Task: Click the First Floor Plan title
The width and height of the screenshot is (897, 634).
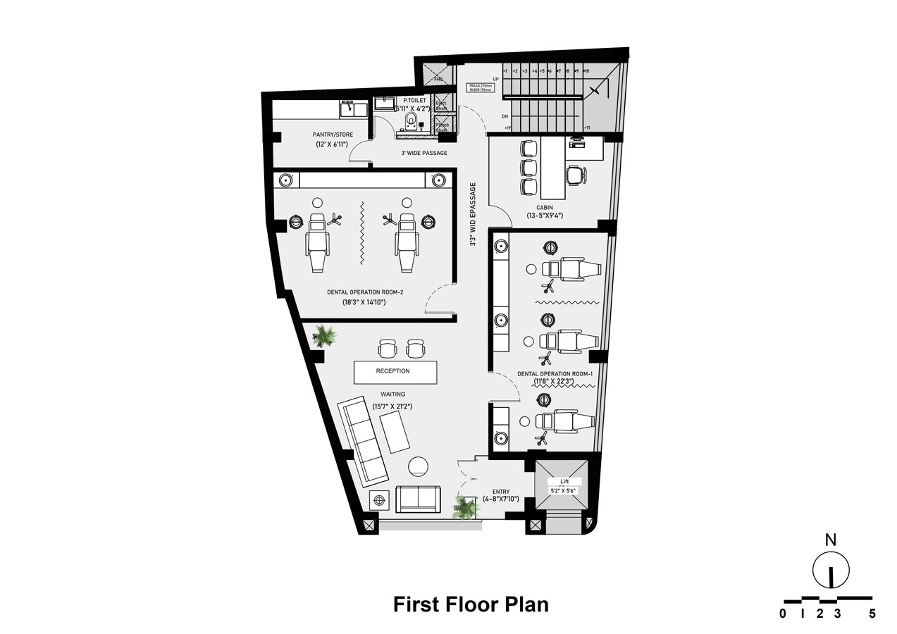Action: (x=470, y=604)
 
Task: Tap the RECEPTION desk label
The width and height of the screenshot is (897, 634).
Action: (x=392, y=371)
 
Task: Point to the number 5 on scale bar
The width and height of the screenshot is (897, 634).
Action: (x=872, y=614)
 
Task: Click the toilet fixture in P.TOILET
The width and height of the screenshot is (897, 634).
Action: (x=409, y=125)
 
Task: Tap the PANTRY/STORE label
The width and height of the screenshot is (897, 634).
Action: (x=333, y=135)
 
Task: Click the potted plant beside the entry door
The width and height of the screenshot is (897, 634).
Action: (x=466, y=507)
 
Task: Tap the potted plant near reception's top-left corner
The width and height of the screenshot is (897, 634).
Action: (x=325, y=335)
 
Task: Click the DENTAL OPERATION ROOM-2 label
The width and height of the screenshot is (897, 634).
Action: (x=365, y=292)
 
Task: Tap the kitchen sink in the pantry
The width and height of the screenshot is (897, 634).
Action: (x=353, y=109)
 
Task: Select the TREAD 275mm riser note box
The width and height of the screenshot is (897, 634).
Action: (x=481, y=88)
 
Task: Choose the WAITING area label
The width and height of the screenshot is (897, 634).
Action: (x=393, y=395)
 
